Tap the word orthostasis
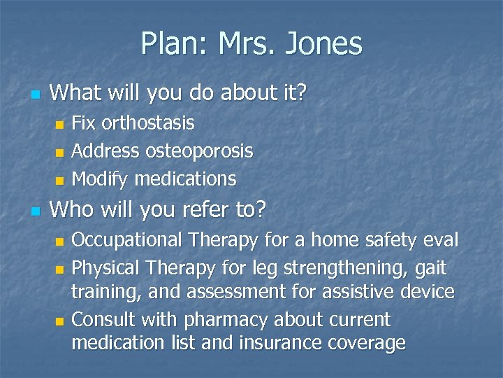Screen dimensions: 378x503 tap(148, 123)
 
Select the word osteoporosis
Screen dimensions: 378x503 tap(199, 150)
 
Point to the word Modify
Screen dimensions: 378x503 tap(101, 178)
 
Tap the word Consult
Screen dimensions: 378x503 tap(103, 320)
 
